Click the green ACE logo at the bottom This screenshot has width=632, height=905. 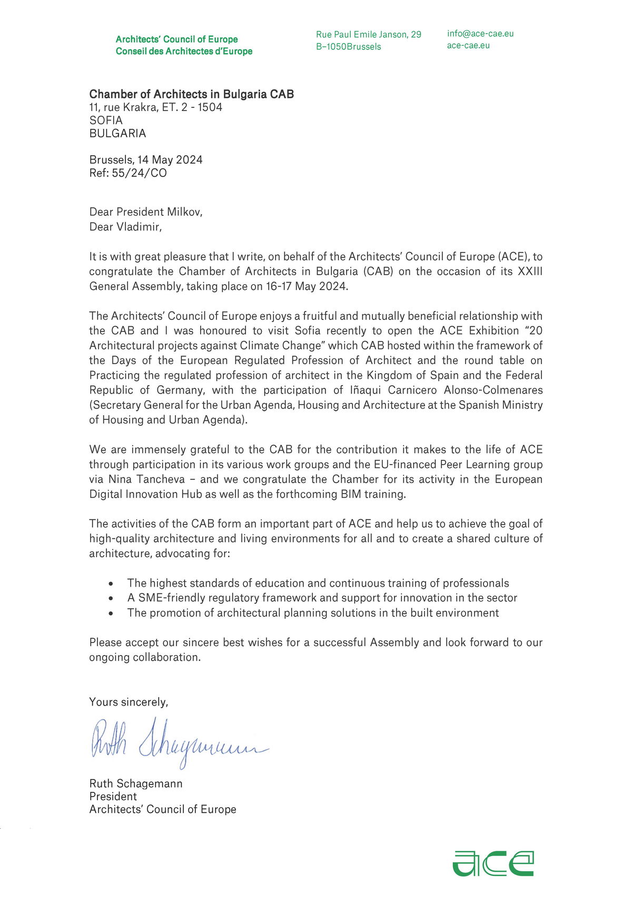click(493, 863)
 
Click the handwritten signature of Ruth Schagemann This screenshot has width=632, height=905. click(179, 742)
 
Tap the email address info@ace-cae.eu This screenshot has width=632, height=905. click(480, 34)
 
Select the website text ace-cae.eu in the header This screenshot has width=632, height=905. click(468, 45)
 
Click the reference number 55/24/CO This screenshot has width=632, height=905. click(139, 173)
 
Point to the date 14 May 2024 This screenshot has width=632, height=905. click(170, 160)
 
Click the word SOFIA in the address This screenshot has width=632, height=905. click(106, 120)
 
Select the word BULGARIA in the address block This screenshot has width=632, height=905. click(117, 134)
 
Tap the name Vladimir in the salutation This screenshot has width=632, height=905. click(139, 227)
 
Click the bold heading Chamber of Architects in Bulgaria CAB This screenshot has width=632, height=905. click(192, 94)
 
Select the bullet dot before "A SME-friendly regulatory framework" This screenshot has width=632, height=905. click(111, 598)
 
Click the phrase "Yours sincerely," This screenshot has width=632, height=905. click(129, 702)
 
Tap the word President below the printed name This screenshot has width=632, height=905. click(113, 797)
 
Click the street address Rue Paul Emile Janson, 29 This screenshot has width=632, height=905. click(369, 35)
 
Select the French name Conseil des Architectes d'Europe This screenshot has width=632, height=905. click(184, 52)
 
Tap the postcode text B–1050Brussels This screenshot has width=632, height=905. click(348, 47)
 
